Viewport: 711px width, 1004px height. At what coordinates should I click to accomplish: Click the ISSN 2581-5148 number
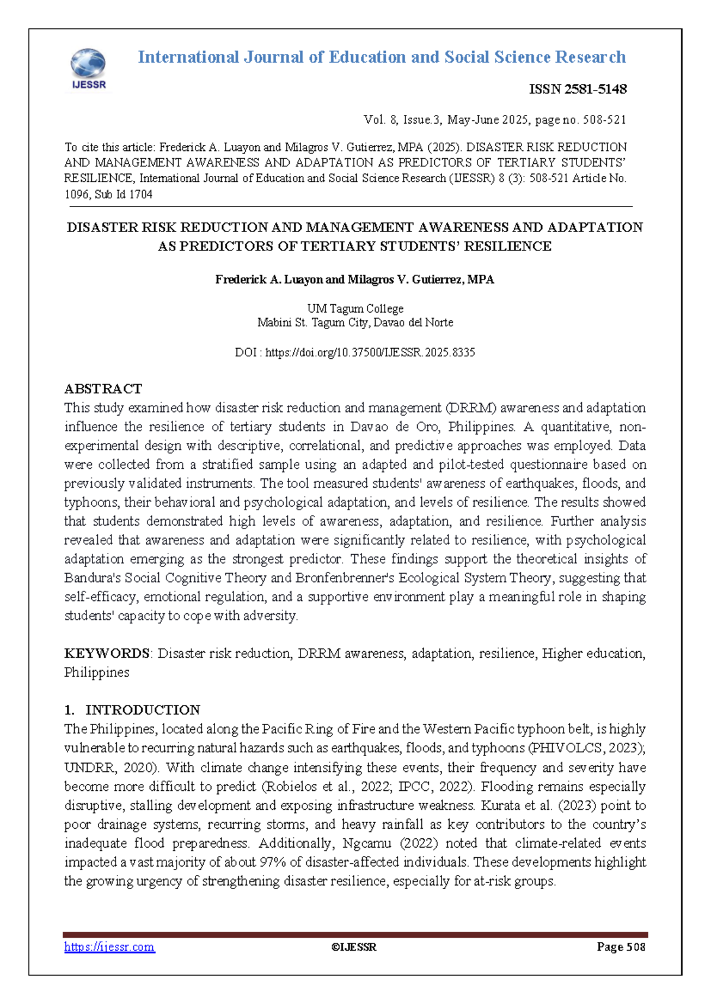point(577,89)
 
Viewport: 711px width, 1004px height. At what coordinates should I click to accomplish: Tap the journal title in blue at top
point(382,57)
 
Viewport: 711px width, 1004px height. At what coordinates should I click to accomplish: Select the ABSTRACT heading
point(103,389)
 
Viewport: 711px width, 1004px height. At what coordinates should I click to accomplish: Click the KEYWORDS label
point(107,654)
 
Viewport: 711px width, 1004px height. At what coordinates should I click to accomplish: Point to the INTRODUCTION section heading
point(142,710)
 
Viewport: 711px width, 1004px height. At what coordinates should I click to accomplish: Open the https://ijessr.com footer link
point(109,947)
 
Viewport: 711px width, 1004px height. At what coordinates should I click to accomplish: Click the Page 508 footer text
point(620,947)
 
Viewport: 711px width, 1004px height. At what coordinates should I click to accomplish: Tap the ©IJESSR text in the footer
point(354,947)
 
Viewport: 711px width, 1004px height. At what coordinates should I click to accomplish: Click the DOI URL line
point(355,353)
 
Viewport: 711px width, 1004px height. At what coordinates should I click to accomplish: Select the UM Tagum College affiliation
point(355,308)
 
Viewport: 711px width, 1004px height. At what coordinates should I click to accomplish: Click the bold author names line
point(354,279)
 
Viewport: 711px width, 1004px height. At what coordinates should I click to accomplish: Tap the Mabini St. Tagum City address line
point(355,323)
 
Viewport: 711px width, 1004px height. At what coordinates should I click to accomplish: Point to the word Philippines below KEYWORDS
point(97,672)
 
